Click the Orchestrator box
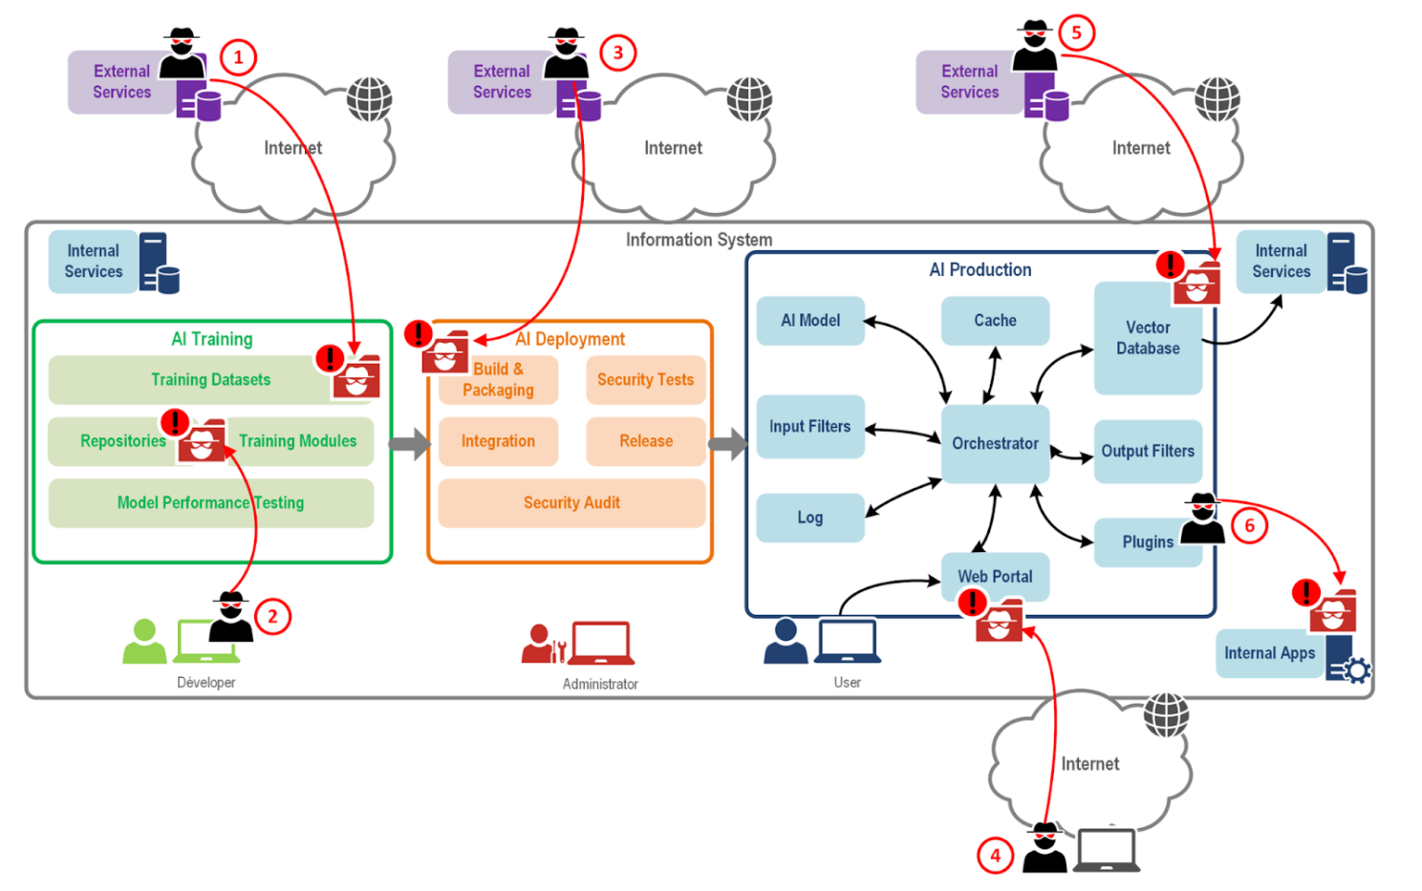coord(995,443)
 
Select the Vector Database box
coord(1147,338)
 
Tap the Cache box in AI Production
coord(995,321)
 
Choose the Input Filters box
coord(809,427)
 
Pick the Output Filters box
coord(1147,451)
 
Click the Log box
coord(809,518)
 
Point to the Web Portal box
coord(995,576)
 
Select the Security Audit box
coord(571,503)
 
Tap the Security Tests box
coord(645,380)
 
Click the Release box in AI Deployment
coord(645,441)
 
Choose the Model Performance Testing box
coord(210,503)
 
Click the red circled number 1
coord(238,57)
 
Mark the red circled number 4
coord(995,855)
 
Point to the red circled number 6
coord(1249,525)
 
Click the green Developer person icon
coord(144,641)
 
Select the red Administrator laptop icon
coord(601,643)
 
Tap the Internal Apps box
coord(1269,653)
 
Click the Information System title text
coord(699,240)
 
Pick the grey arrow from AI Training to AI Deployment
coord(409,444)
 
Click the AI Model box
coord(809,321)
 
